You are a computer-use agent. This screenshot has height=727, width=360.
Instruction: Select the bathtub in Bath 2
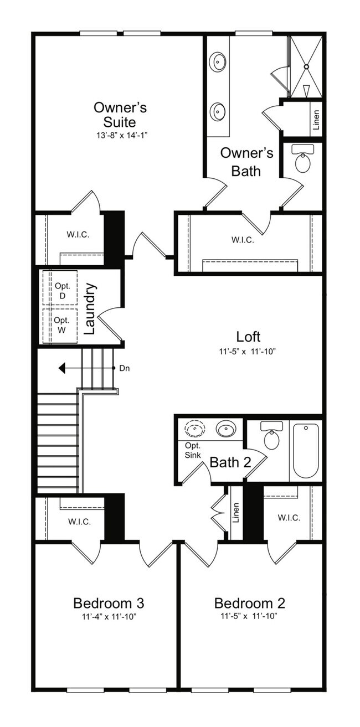306,450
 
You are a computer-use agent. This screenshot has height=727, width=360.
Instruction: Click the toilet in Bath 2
271,437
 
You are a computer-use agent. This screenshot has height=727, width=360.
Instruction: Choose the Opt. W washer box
60,324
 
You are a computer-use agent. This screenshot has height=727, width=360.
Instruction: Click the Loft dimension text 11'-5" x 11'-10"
248,351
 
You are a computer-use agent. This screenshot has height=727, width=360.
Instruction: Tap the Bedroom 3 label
109,602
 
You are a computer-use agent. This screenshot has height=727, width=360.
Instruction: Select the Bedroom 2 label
249,602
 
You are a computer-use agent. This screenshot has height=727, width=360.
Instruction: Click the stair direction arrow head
63,368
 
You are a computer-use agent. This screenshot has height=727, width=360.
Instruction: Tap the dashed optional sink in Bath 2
194,429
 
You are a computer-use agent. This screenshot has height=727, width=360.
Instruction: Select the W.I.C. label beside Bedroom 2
289,518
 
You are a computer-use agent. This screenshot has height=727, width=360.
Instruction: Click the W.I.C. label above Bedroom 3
80,521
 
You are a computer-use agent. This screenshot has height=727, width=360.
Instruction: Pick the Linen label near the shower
316,120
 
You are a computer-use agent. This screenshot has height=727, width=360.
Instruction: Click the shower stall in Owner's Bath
306,66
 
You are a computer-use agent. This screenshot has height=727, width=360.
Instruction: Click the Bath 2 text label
230,462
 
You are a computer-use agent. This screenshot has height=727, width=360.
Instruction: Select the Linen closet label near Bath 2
236,513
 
